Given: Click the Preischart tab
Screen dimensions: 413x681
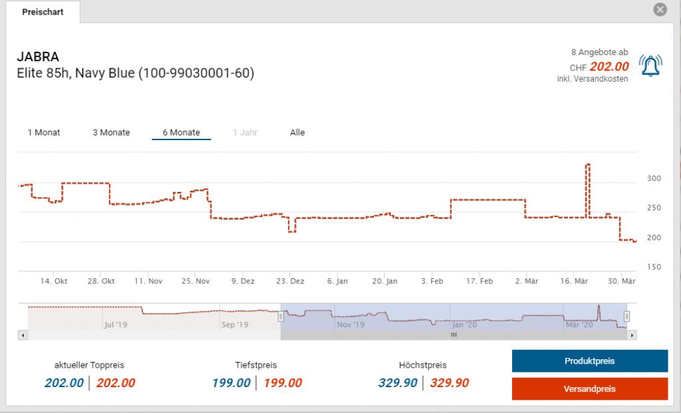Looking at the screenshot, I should pyautogui.click(x=43, y=12).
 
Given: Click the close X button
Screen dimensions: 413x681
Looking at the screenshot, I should pyautogui.click(x=660, y=9).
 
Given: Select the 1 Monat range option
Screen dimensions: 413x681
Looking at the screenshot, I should pyautogui.click(x=44, y=132).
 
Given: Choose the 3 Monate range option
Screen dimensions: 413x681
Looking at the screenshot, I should pyautogui.click(x=111, y=132).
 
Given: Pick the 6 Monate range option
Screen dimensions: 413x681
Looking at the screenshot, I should pyautogui.click(x=181, y=132).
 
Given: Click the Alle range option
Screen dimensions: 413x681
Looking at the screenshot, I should pyautogui.click(x=297, y=132).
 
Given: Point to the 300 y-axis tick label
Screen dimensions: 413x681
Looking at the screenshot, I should pyautogui.click(x=654, y=179).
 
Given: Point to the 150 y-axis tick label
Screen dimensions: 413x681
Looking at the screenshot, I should pyautogui.click(x=654, y=267).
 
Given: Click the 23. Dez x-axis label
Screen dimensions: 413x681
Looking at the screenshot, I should pyautogui.click(x=291, y=282).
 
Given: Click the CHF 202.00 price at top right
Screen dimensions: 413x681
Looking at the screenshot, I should pyautogui.click(x=609, y=66).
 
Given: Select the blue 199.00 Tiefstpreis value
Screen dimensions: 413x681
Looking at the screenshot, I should pyautogui.click(x=231, y=383).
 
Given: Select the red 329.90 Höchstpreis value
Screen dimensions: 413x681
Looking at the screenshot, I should pyautogui.click(x=449, y=383).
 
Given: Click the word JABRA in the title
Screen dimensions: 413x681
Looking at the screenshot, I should pyautogui.click(x=38, y=57).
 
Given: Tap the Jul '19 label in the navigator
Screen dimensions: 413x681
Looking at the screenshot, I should pyautogui.click(x=116, y=325).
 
